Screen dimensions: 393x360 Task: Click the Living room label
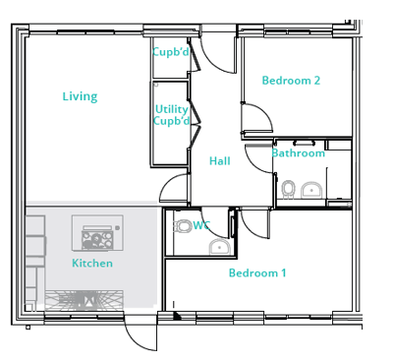pyautogui.click(x=80, y=96)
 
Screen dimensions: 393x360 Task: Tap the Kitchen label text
pyautogui.click(x=92, y=263)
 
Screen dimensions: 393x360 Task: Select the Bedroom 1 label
pyautogui.click(x=257, y=272)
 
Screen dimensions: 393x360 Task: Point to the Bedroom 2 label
pyautogui.click(x=291, y=81)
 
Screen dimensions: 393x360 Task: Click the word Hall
pyautogui.click(x=220, y=161)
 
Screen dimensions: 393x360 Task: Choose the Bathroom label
pyautogui.click(x=299, y=153)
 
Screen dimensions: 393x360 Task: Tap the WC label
pyautogui.click(x=201, y=225)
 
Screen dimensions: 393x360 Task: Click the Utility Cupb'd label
pyautogui.click(x=172, y=115)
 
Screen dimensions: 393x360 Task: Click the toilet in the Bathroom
pyautogui.click(x=288, y=189)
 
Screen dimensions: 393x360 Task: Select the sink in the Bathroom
pyautogui.click(x=311, y=190)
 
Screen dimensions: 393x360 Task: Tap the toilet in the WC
pyautogui.click(x=184, y=226)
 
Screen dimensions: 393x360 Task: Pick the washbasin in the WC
pyautogui.click(x=220, y=247)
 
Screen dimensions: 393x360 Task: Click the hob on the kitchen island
pyautogui.click(x=97, y=240)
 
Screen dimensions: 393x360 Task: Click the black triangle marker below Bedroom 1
pyautogui.click(x=177, y=316)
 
